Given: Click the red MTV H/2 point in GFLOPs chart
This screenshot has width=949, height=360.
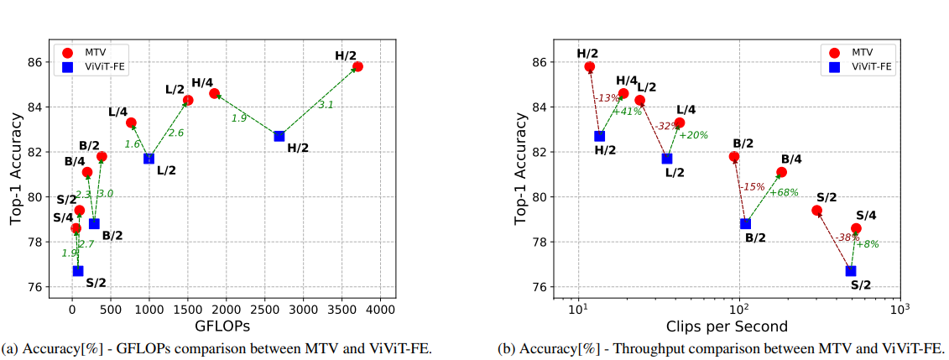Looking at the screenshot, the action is click(x=357, y=66).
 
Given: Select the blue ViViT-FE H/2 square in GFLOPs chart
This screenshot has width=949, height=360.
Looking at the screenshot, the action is click(x=279, y=136).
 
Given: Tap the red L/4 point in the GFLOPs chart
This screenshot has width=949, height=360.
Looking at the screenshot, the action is click(x=131, y=123).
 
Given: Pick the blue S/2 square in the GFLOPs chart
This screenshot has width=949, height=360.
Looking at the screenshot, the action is click(x=78, y=270).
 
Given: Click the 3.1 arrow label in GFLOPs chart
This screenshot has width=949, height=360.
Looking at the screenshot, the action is click(x=326, y=105).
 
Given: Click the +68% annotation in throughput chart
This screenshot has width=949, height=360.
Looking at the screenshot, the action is click(x=785, y=192).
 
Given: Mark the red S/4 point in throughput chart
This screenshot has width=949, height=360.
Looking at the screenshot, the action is click(x=856, y=228).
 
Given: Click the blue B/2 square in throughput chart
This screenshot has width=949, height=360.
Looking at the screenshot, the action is click(x=745, y=224).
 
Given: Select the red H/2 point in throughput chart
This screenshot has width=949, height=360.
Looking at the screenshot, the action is click(x=590, y=66).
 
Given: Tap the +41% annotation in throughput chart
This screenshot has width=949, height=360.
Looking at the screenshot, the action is click(x=628, y=112).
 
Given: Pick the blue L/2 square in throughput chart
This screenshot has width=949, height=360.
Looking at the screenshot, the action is click(x=667, y=159).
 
